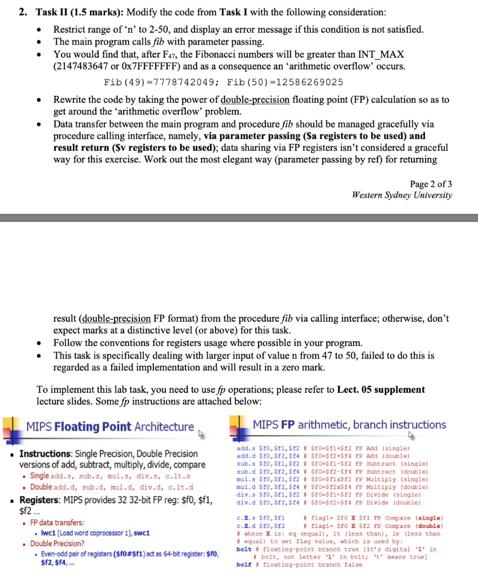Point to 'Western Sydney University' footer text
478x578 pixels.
(401, 195)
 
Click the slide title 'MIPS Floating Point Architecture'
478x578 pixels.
(109, 427)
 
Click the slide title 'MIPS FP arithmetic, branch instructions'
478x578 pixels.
(349, 424)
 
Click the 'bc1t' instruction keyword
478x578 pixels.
(244, 549)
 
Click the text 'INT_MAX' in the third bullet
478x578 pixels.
(381, 55)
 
